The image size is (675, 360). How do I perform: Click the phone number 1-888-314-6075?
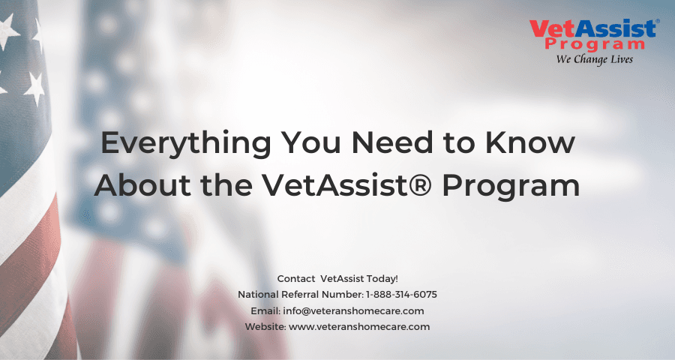tap(402, 294)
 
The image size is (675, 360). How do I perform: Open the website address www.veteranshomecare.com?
tap(359, 327)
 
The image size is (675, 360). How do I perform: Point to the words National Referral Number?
tap(300, 294)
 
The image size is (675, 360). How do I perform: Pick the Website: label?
tap(265, 327)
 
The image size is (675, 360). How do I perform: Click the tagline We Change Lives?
tap(595, 59)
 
